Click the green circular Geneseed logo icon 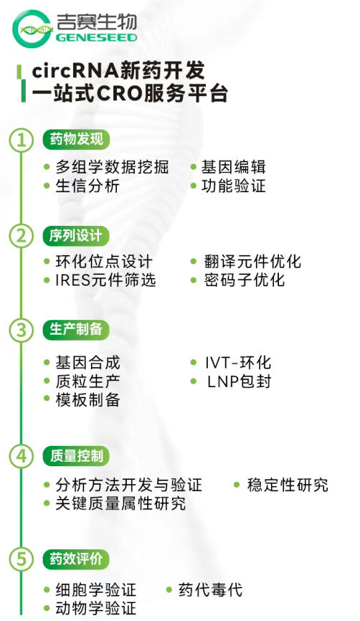click(32, 29)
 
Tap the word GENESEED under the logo click(97, 37)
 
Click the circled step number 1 click(22, 141)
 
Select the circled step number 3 click(22, 331)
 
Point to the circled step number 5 click(22, 559)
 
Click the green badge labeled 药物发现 click(76, 139)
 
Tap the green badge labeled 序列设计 click(75, 236)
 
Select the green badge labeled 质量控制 click(75, 456)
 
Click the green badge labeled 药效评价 click(75, 559)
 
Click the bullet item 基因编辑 click(233, 167)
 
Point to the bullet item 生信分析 click(87, 186)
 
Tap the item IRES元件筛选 click(105, 280)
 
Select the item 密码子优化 click(245, 280)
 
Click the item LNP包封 click(240, 381)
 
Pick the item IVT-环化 click(237, 362)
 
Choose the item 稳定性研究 click(288, 485)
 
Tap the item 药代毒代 click(210, 589)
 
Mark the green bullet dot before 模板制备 click(47, 399)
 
